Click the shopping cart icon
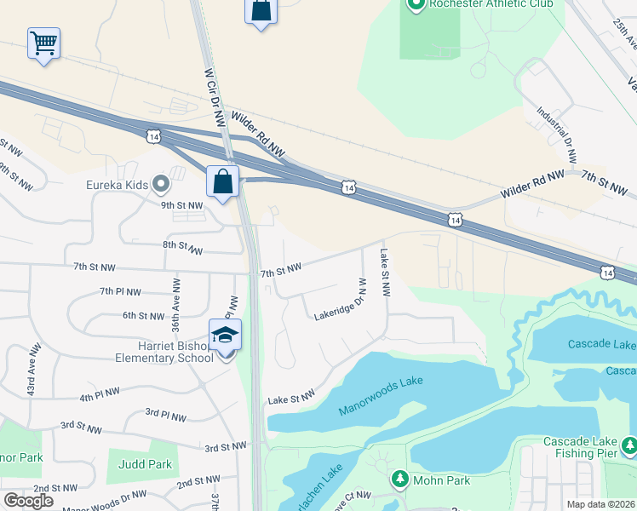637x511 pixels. (x=43, y=42)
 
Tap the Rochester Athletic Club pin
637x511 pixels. (x=416, y=4)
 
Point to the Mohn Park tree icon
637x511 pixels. (x=399, y=479)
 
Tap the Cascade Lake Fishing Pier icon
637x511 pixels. (x=628, y=445)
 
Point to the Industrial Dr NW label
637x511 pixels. (x=557, y=135)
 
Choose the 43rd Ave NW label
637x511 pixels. (x=35, y=368)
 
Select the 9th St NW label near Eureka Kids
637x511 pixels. (x=182, y=205)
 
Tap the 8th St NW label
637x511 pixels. (x=182, y=248)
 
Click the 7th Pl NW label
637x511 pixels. (x=120, y=291)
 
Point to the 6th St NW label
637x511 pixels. (x=143, y=316)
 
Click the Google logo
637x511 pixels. (x=28, y=501)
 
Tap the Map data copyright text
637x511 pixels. (x=601, y=504)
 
